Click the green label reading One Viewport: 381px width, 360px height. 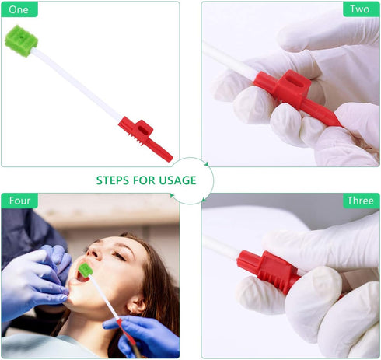(19, 9)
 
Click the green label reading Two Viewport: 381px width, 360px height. (360, 9)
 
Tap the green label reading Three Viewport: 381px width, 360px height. (360, 201)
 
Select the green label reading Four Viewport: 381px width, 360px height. (19, 201)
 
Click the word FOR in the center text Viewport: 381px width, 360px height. (145, 180)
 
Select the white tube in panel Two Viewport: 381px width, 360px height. (229, 61)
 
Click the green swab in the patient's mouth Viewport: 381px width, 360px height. (85, 270)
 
